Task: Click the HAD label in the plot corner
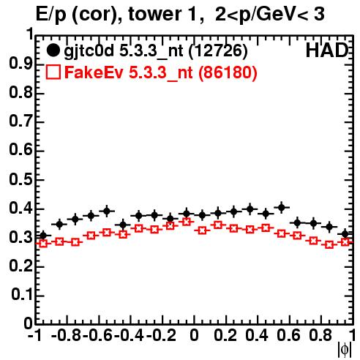coord(327,50)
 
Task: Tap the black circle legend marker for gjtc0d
coord(53,50)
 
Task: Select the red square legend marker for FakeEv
coord(53,72)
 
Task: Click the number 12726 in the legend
coord(218,50)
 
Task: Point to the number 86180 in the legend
coord(228,72)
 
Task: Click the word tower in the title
coord(162,14)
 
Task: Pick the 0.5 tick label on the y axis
coord(20,180)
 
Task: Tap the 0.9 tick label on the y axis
coord(20,64)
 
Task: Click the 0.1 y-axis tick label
coord(22,295)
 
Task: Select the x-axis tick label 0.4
coord(257,335)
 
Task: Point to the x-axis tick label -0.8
coord(67,335)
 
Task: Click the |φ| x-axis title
coord(345,350)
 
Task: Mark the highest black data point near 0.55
coord(282,208)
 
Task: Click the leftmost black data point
coord(43,236)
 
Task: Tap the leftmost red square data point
coord(43,244)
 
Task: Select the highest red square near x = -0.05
coord(187,222)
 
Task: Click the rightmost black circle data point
coord(345,234)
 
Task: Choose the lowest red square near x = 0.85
coord(329,244)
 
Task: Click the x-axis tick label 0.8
coord(320,335)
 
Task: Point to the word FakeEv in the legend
coord(94,72)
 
